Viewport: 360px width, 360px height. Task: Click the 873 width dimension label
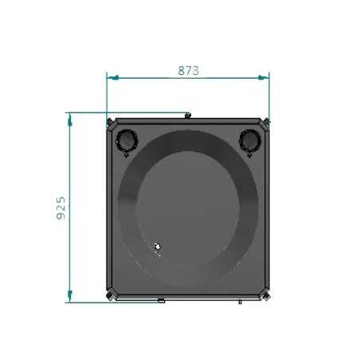(x=188, y=71)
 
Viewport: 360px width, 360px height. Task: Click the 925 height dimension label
(x=61, y=208)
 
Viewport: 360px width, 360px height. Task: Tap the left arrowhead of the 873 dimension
(x=113, y=77)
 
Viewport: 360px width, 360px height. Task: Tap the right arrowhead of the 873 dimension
(x=263, y=77)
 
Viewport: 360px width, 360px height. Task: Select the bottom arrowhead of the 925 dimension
(x=70, y=295)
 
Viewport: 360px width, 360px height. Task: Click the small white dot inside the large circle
(x=158, y=247)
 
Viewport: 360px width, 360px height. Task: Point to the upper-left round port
(x=127, y=140)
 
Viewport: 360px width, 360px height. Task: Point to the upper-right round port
(x=250, y=140)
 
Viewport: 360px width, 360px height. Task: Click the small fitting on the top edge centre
(x=188, y=115)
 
